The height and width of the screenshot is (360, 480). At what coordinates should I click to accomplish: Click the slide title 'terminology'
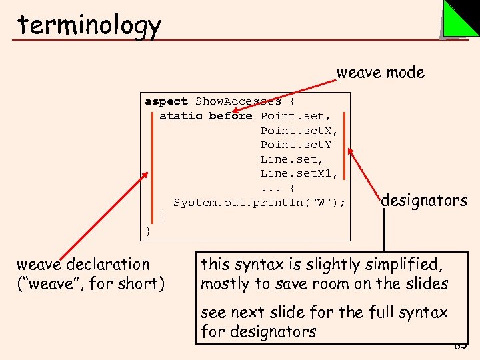89,25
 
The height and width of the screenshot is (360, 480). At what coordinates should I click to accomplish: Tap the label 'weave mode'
380,72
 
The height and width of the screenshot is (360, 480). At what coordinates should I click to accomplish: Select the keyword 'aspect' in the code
167,101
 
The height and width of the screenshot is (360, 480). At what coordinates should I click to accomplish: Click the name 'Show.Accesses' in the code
238,101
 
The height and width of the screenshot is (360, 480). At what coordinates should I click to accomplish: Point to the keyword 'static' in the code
181,116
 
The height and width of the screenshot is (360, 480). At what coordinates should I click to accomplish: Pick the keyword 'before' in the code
230,116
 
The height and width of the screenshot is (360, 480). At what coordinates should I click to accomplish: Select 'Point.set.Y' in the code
295,145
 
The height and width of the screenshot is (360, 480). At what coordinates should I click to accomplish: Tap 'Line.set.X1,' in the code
299,173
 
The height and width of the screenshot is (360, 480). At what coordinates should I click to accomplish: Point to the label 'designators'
424,200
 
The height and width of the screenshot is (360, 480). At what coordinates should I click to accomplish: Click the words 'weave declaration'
83,265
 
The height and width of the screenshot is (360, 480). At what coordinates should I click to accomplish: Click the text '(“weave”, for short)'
90,284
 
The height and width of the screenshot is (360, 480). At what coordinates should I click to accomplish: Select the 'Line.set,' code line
291,159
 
